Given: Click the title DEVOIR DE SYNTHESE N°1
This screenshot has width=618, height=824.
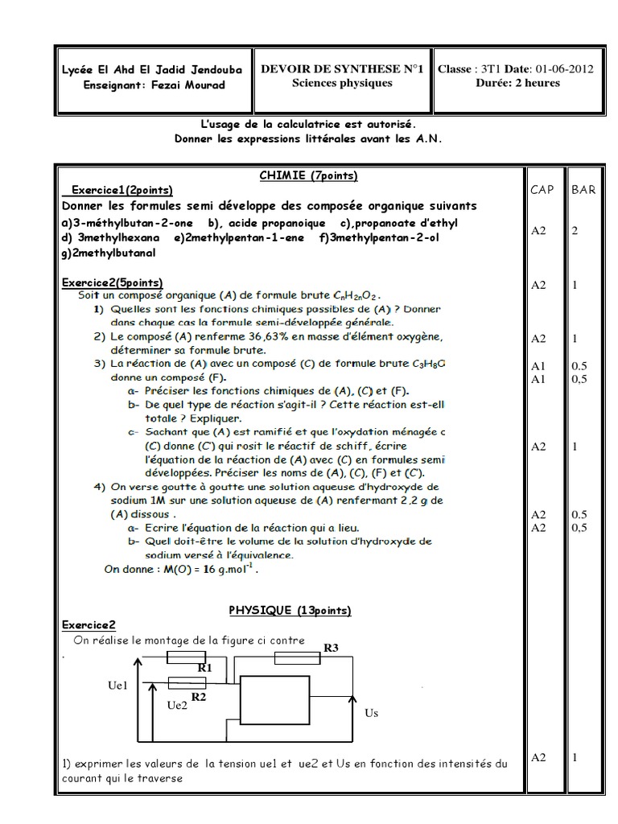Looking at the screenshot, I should point(342,69).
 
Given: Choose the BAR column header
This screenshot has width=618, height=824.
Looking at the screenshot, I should point(583,190).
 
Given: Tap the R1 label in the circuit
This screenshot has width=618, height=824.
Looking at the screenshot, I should point(204,667).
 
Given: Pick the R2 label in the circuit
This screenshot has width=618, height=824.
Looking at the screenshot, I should point(199,697).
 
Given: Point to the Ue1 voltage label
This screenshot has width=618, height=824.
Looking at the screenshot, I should point(117,685).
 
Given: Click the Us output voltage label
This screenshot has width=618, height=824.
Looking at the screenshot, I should point(371,713).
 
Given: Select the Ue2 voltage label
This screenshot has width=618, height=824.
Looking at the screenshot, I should point(177,706).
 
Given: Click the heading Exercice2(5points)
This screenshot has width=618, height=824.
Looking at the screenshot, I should point(112,282).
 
